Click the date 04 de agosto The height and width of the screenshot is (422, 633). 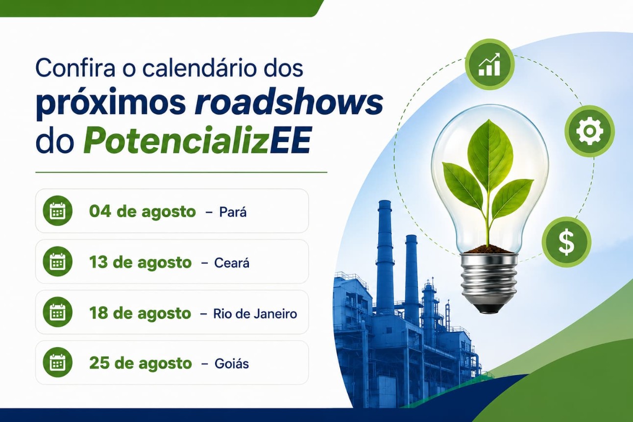(143, 212)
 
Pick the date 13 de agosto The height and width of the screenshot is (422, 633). (141, 263)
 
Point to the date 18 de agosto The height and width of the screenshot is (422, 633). (140, 314)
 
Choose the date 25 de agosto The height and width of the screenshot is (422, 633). (141, 364)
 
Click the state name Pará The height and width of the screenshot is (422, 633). (233, 212)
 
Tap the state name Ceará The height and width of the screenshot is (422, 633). (232, 263)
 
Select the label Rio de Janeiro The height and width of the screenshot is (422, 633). (255, 314)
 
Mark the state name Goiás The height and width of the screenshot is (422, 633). (232, 364)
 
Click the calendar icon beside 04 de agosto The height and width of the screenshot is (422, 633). (58, 211)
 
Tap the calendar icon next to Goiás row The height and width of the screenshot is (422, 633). (58, 362)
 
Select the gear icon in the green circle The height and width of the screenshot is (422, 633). (589, 131)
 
